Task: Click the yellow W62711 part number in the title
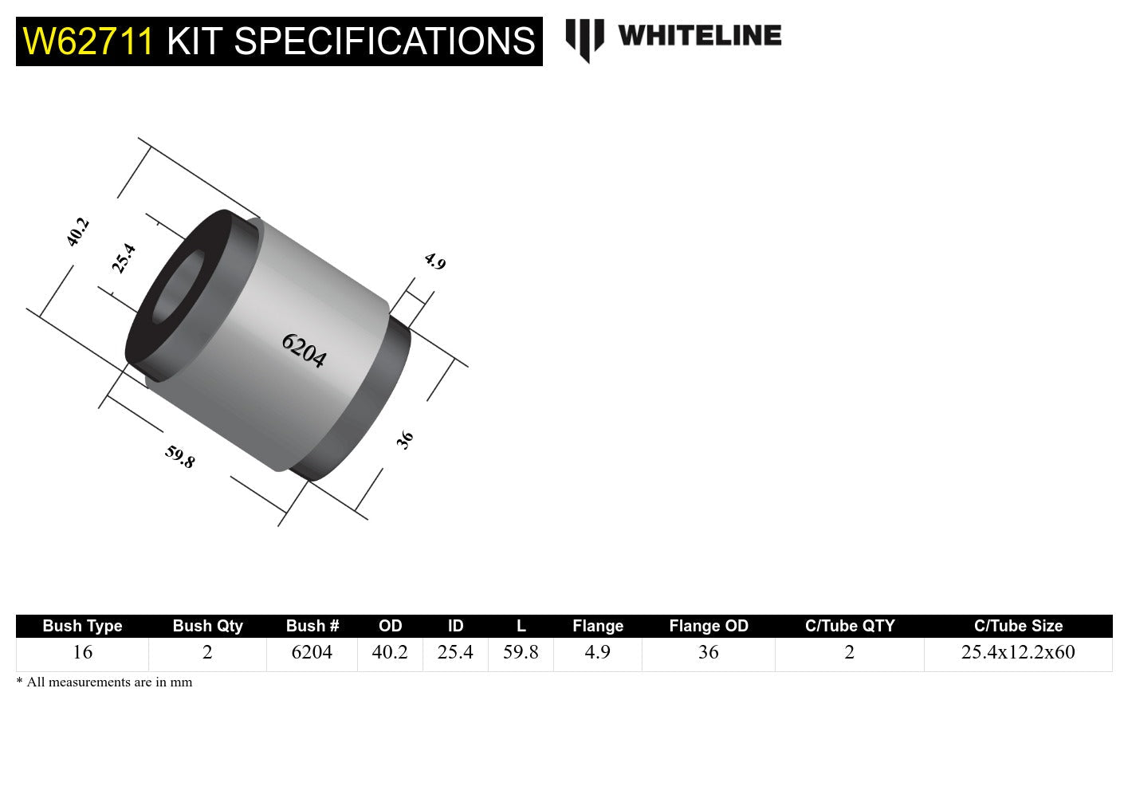click(x=88, y=41)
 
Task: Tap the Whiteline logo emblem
click(x=584, y=39)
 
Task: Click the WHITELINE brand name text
click(x=699, y=36)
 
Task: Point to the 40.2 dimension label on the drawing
click(x=77, y=232)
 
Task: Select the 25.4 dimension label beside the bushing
click(x=124, y=258)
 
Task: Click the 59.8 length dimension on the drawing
click(x=179, y=456)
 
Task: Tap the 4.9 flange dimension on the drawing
click(x=434, y=261)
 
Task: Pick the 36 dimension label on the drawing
click(x=405, y=439)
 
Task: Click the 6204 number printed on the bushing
click(x=304, y=350)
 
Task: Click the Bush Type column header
click(x=82, y=626)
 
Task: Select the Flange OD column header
click(x=709, y=626)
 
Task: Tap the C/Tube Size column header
click(x=1018, y=626)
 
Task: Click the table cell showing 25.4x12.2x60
click(x=1018, y=652)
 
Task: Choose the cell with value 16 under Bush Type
click(x=82, y=652)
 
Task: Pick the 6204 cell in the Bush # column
click(x=312, y=652)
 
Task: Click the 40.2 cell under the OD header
click(x=390, y=652)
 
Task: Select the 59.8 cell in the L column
click(x=521, y=652)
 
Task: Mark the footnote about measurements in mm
click(x=104, y=682)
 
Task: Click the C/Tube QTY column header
click(x=850, y=626)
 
